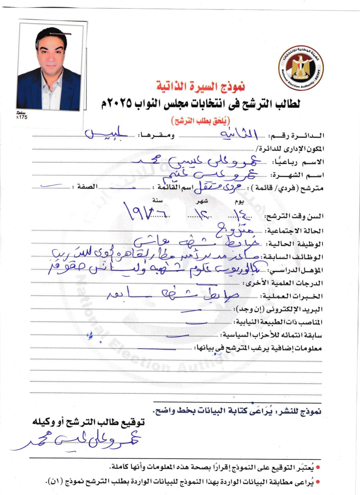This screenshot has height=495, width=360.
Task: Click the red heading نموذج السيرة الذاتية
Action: pyautogui.click(x=201, y=86)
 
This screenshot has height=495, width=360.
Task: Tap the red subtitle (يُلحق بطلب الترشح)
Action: pyautogui.click(x=201, y=120)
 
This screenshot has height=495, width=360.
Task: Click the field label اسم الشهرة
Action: pyautogui.click(x=297, y=175)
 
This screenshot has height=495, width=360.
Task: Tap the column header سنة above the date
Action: pyautogui.click(x=157, y=200)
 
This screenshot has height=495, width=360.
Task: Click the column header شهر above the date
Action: pyautogui.click(x=202, y=201)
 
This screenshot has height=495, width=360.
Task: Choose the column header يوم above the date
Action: pyautogui.click(x=239, y=201)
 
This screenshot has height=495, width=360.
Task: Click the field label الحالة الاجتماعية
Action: pyautogui.click(x=295, y=231)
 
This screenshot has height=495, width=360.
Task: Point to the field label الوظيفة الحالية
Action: pyautogui.click(x=295, y=244)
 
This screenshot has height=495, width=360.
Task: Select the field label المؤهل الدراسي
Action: pyautogui.click(x=296, y=270)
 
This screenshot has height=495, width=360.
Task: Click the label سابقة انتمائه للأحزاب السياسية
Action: pyautogui.click(x=271, y=335)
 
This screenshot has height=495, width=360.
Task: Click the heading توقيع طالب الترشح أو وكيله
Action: pyautogui.click(x=88, y=422)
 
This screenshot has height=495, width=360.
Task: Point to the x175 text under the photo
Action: pyautogui.click(x=22, y=117)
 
